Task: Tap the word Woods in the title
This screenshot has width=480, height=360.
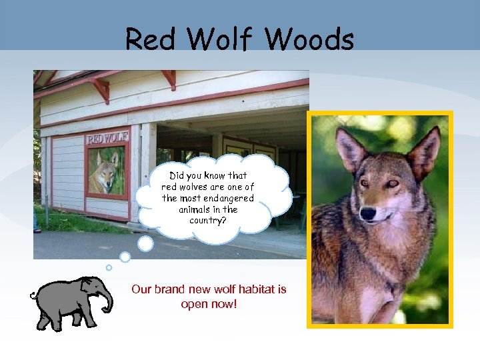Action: click(309, 40)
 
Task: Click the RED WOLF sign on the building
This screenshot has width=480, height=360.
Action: click(107, 139)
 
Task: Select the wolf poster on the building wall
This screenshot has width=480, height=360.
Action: click(106, 171)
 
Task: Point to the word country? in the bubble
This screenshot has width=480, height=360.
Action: click(208, 220)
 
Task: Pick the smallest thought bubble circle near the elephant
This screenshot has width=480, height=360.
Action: click(109, 267)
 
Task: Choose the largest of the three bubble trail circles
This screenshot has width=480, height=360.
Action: click(145, 244)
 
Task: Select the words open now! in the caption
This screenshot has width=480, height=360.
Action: click(209, 305)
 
